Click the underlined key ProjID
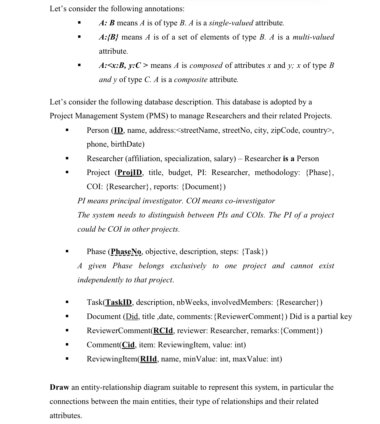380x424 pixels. click(x=130, y=173)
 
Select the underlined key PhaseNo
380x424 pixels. click(x=126, y=252)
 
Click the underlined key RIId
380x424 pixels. click(x=148, y=359)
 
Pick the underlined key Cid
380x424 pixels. click(x=128, y=345)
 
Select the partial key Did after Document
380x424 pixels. click(x=132, y=317)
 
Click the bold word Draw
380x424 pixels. click(x=59, y=387)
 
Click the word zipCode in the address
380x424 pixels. click(x=284, y=130)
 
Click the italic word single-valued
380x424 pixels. click(x=231, y=23)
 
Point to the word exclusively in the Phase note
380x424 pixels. click(x=188, y=266)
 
